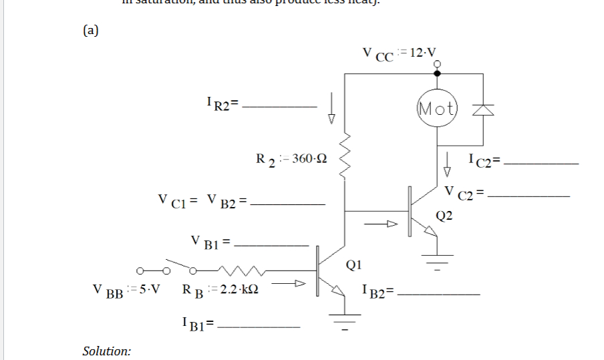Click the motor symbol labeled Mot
437,107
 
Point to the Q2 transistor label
444,215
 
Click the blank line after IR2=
280,106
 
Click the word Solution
106,351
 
